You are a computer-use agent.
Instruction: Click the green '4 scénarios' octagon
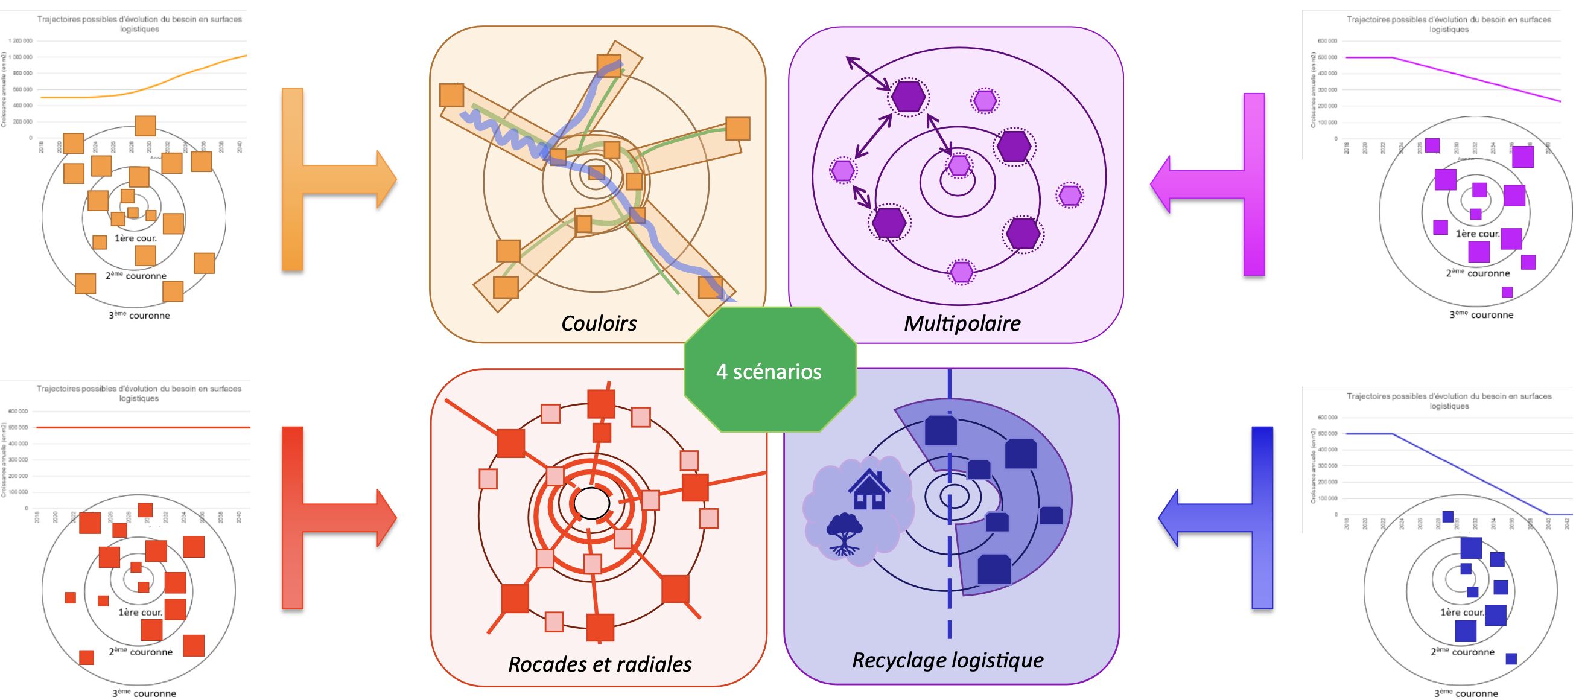click(x=769, y=371)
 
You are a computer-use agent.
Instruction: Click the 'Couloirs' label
click(x=599, y=323)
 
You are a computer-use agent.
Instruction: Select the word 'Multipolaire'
click(x=962, y=323)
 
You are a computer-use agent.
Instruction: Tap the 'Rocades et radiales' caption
click(x=600, y=664)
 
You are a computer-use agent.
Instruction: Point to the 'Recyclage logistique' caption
click(x=948, y=660)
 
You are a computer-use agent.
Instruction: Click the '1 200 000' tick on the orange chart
click(x=21, y=41)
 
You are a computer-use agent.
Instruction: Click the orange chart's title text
click(x=140, y=24)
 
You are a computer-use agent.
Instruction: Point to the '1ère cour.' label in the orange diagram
click(x=136, y=238)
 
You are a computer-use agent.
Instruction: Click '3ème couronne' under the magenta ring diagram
click(x=1481, y=315)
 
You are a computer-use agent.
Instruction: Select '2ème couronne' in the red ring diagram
click(x=141, y=652)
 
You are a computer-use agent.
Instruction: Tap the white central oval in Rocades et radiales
click(x=590, y=503)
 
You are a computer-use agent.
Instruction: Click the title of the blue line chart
click(x=1449, y=401)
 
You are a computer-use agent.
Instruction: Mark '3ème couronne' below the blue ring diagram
click(x=1466, y=693)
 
